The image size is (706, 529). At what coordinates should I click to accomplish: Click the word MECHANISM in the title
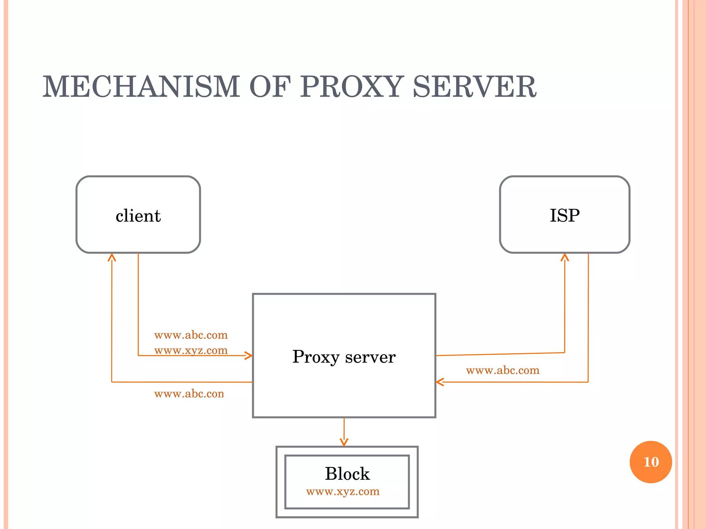point(141,87)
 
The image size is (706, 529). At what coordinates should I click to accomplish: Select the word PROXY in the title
point(352,87)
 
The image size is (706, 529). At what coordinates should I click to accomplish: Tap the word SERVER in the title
point(474,87)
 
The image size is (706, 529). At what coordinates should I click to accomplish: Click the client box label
point(138,216)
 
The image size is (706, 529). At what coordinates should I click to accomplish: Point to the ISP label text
point(565,216)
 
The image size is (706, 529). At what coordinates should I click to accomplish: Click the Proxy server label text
point(344,357)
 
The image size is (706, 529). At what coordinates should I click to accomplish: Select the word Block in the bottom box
point(347,474)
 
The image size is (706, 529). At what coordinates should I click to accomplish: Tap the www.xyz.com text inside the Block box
point(343,491)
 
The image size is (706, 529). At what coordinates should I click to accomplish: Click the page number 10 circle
point(651,462)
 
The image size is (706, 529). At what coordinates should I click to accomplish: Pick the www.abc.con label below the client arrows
point(189,394)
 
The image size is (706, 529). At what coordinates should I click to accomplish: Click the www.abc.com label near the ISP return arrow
point(503,370)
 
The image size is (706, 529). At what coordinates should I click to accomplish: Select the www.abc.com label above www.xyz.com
point(191,335)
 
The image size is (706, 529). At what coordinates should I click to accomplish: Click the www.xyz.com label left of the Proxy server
point(191,350)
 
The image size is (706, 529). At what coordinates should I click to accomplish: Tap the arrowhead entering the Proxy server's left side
point(249,355)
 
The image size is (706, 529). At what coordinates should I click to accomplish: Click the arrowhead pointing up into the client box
point(112,257)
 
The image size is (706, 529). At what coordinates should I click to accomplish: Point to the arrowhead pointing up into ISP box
point(565,257)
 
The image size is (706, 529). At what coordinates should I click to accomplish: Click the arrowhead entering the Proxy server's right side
point(440,382)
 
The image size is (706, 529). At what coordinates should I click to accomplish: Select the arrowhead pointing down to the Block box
point(344,442)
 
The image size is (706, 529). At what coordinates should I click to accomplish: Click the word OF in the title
point(270,87)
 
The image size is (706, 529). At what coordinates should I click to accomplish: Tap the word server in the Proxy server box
point(370,357)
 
